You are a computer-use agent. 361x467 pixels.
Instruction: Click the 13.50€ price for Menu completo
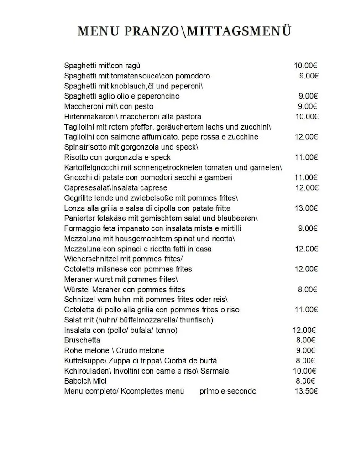tap(306, 391)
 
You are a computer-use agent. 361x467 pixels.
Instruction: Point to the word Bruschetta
tap(82, 340)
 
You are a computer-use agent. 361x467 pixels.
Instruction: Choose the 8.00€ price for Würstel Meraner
tap(308, 290)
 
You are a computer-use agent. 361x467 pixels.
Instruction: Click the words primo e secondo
tap(228, 391)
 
